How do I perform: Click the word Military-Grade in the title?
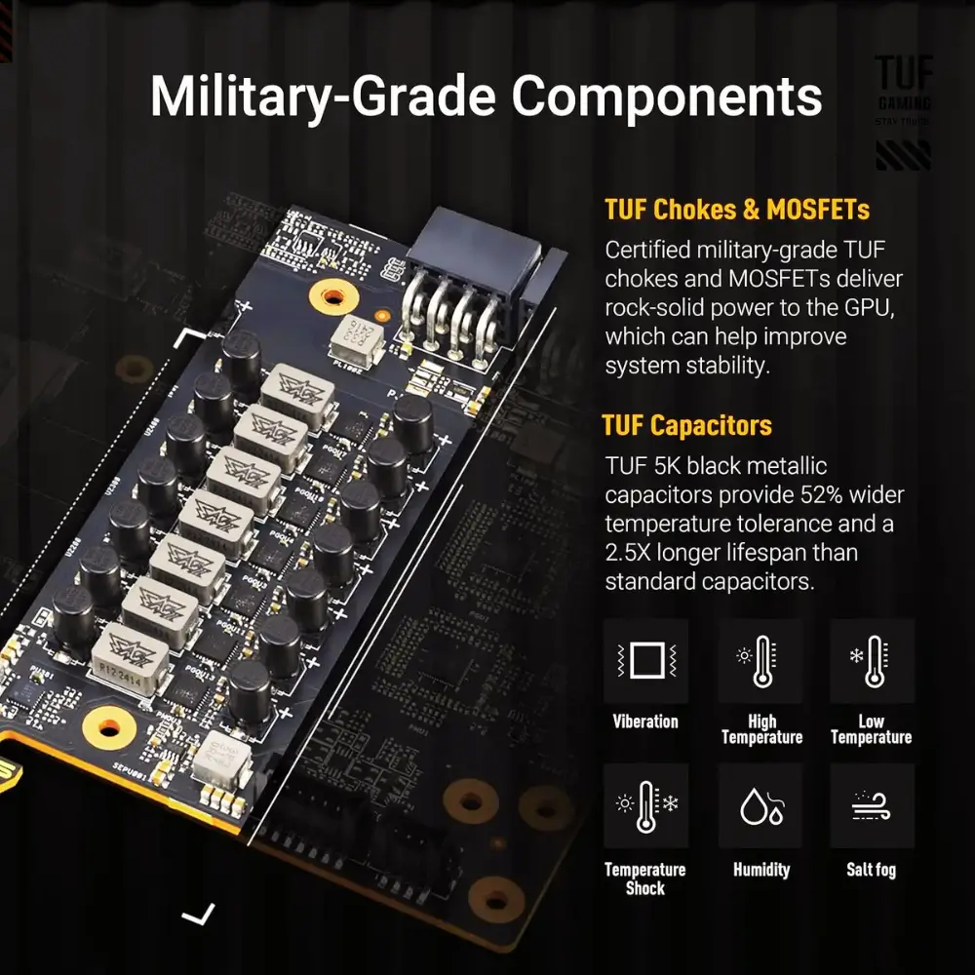(323, 97)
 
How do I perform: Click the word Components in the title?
(667, 97)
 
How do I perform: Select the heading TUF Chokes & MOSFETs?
(737, 210)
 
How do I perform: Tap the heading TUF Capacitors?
(687, 426)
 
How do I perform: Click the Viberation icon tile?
(646, 661)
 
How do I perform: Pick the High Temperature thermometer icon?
(760, 661)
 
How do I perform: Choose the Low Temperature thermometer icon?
(873, 661)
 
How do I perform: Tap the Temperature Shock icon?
(646, 806)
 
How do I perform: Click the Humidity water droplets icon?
(760, 806)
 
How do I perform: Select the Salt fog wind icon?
(873, 806)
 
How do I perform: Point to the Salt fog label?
(871, 870)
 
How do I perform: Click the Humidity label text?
(761, 870)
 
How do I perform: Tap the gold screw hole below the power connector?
(333, 297)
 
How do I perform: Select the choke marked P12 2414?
(130, 658)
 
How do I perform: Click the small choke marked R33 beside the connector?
(357, 339)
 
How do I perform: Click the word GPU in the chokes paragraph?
(870, 308)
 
